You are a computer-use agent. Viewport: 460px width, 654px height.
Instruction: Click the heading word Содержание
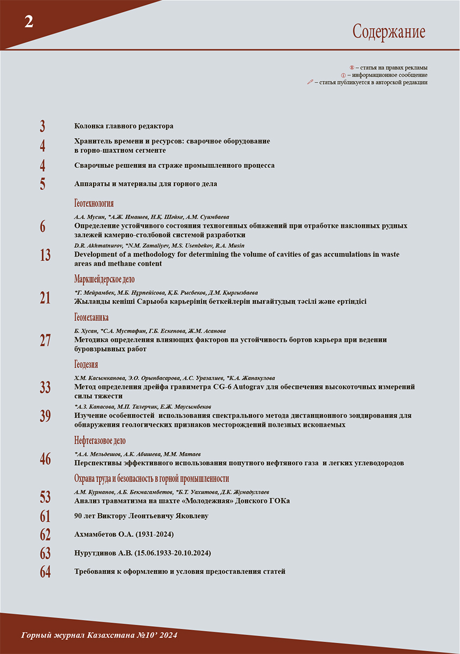(389, 32)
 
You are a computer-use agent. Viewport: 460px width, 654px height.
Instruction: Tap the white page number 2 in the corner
(28, 22)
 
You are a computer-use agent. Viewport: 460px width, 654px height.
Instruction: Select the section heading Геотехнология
(94, 203)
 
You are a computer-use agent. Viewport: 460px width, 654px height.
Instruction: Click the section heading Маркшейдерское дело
(104, 279)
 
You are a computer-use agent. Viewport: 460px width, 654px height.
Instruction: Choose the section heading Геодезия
(86, 364)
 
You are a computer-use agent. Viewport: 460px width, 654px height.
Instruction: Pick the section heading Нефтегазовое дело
(99, 441)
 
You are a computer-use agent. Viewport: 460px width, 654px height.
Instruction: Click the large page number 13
(45, 255)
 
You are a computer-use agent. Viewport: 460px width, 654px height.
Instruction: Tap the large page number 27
(45, 340)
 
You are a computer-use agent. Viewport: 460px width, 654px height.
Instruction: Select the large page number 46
(45, 459)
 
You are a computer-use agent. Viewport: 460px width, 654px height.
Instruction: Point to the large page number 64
(45, 572)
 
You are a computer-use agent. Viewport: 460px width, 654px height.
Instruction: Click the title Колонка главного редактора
(124, 126)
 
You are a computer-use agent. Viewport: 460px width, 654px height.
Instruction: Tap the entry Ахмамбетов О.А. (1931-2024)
(124, 535)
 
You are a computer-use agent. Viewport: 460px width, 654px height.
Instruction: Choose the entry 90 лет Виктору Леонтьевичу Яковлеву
(141, 516)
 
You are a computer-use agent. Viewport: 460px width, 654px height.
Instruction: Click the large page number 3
(42, 127)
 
